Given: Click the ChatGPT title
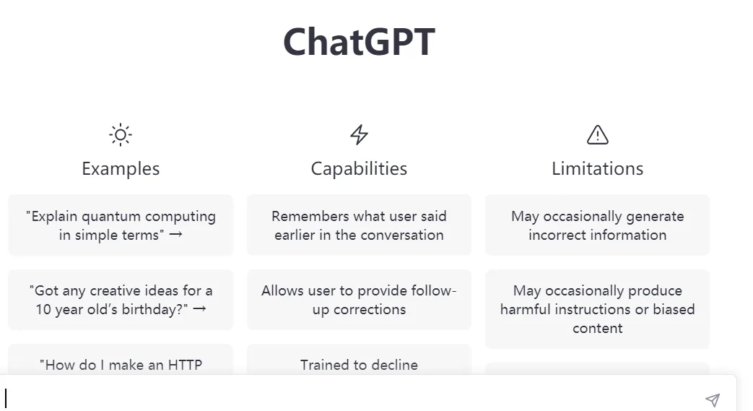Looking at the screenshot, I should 359,42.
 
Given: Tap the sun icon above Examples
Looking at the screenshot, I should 121,134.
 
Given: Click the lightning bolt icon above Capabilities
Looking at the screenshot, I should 359,134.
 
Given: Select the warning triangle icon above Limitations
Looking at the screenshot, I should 598,134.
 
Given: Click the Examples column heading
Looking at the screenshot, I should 121,169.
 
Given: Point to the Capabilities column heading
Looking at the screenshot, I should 359,169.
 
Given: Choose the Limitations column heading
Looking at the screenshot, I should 598,169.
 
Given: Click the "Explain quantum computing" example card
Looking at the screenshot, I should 121,225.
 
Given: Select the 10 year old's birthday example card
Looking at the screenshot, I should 121,300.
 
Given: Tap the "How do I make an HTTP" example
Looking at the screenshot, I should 121,365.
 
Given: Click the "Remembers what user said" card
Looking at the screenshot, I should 359,225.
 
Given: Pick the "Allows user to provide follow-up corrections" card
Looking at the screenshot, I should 359,300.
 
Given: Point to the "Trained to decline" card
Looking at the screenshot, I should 359,365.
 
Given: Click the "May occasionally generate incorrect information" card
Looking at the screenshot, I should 598,225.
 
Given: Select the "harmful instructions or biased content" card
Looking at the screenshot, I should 598,309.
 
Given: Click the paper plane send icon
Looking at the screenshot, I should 713,399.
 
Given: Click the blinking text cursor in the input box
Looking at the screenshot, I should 6,398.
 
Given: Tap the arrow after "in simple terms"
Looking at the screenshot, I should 175,235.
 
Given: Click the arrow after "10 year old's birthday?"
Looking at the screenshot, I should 200,309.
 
